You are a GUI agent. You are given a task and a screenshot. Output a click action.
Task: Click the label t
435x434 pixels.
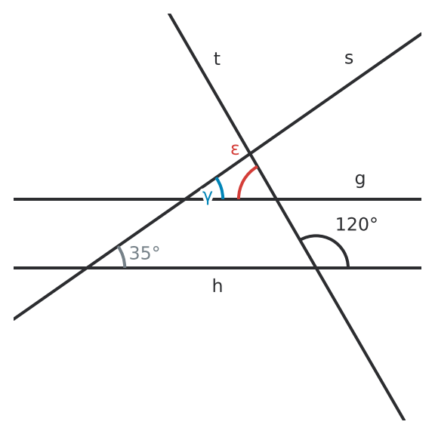[217, 59]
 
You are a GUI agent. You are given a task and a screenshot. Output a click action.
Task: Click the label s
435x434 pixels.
[349, 59]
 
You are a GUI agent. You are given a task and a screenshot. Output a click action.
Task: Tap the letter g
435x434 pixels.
[359, 180]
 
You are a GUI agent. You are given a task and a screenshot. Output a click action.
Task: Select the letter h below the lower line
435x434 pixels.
[217, 285]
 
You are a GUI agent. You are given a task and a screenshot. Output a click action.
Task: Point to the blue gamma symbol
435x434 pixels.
[208, 197]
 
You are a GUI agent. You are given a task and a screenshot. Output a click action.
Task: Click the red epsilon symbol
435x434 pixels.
[235, 149]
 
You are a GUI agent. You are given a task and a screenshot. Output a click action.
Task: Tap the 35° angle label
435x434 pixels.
[144, 253]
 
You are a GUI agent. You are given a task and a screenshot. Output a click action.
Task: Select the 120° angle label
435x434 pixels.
[356, 224]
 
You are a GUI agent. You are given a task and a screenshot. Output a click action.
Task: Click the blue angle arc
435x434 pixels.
[221, 187]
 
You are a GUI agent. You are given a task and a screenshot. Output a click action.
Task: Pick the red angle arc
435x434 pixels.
[244, 178]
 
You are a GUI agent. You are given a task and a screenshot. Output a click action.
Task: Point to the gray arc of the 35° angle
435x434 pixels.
[123, 256]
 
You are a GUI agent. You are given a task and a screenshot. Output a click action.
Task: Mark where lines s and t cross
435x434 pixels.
[250, 153]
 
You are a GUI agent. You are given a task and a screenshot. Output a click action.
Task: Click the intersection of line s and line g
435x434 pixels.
[184, 199]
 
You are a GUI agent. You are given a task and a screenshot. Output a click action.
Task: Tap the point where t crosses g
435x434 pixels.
[276, 199]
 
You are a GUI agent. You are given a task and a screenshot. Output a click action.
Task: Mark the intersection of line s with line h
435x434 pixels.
[87, 268]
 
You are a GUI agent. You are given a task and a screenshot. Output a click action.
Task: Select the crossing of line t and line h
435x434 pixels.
[316, 268]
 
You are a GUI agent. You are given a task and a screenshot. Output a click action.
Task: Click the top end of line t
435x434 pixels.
[169, 14]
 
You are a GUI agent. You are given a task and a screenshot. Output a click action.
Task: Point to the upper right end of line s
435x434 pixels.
[421, 34]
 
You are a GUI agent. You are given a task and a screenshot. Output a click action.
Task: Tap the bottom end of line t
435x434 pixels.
[404, 420]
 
